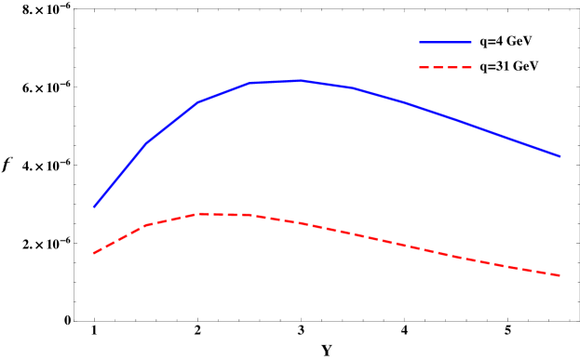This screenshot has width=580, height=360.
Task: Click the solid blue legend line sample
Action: [x=445, y=43]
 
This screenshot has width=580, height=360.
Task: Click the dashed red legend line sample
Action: [x=445, y=68]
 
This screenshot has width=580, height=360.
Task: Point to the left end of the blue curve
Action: [x=94, y=207]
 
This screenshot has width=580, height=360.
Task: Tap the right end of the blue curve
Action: [x=560, y=156]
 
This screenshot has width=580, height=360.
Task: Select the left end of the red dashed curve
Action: [x=94, y=253]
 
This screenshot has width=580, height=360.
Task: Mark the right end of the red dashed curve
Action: [x=560, y=275]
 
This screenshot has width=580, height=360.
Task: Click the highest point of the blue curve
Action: [x=299, y=81]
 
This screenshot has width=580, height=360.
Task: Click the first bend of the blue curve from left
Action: [x=146, y=143]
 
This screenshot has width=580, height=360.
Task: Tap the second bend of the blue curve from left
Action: [x=197, y=102]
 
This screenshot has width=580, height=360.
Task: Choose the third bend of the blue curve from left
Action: [x=249, y=83]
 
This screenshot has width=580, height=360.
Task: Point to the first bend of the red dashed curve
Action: [x=146, y=225]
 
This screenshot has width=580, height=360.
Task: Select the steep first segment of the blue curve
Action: [x=120, y=175]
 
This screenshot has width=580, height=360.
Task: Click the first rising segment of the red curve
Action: [x=120, y=239]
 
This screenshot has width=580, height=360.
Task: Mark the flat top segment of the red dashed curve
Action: [x=223, y=215]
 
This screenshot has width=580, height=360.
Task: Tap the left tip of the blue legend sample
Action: [x=420, y=43]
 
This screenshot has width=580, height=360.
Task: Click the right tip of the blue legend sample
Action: [x=471, y=43]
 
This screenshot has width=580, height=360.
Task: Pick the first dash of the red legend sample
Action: [x=424, y=68]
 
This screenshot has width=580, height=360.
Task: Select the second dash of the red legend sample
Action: [x=438, y=68]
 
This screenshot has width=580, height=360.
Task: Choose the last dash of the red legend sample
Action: [x=466, y=68]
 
